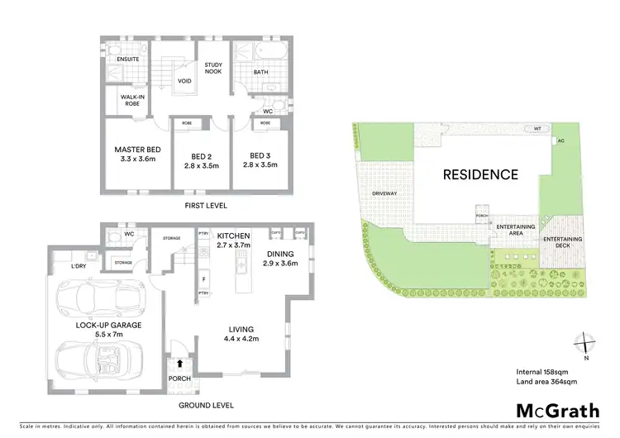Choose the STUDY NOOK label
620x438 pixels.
pos(213,70)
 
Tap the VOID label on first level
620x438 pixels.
pos(186,81)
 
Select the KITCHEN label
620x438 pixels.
pos(231,235)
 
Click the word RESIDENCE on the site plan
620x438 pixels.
pos(480,174)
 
